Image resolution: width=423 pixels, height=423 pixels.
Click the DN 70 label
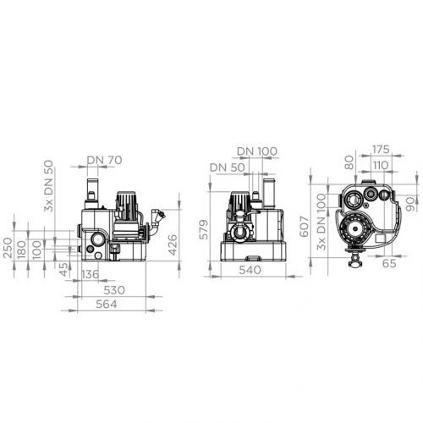pyautogui.click(x=104, y=160)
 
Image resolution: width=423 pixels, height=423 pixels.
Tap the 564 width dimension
pyautogui.click(x=107, y=305)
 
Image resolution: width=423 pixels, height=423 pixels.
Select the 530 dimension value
pyautogui.click(x=114, y=290)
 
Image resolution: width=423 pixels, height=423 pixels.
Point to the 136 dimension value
pyautogui.click(x=91, y=274)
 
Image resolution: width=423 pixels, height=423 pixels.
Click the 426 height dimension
pyautogui.click(x=172, y=244)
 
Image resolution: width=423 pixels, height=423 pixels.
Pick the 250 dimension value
pyautogui.click(x=8, y=248)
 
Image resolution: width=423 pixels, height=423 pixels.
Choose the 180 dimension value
pyautogui.click(x=22, y=249)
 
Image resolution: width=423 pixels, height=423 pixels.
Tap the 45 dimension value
pyautogui.click(x=64, y=270)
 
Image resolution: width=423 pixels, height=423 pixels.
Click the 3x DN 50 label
pyautogui.click(x=48, y=186)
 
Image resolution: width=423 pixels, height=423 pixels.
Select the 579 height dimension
pyautogui.click(x=203, y=229)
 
